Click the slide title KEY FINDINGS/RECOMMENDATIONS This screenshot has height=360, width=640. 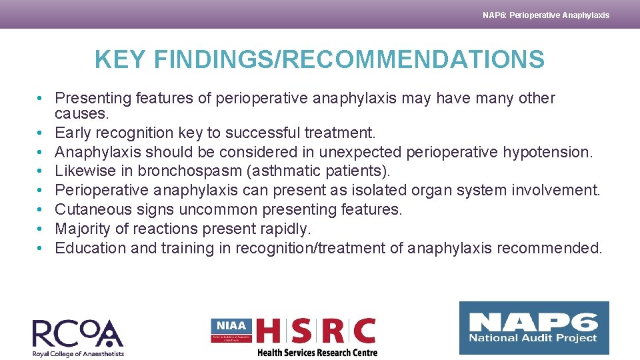(319, 60)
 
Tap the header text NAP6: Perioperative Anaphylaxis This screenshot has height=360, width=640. (545, 15)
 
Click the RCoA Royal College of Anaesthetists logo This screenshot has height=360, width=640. (78, 337)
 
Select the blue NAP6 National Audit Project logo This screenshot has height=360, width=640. (533, 328)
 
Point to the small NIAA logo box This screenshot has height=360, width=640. (231, 330)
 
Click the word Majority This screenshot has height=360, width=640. (81, 229)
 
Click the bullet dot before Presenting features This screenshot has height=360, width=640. (41, 99)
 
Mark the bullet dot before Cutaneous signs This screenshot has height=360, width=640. (41, 210)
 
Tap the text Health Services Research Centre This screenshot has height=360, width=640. (317, 353)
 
